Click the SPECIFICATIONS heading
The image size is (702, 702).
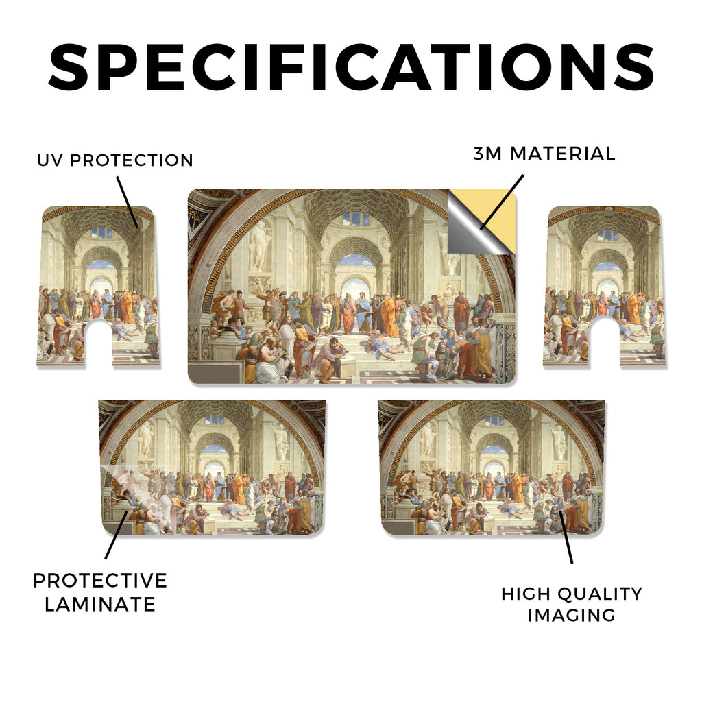351,67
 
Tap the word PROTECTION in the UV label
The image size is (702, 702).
131,160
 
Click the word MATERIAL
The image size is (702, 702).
563,154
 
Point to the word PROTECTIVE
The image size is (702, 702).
100,581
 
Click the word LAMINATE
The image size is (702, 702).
100,605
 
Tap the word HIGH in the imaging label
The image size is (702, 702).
526,594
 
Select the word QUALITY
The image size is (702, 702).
600,594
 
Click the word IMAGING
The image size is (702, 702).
571,615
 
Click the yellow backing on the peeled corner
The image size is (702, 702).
492,210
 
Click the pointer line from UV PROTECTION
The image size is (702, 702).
128,202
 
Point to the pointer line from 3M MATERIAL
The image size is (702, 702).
501,202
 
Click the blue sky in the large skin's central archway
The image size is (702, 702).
356,260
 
